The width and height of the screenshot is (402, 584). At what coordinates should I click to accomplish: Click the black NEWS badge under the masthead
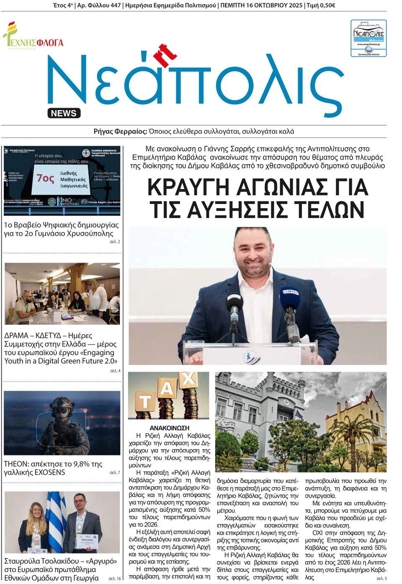[64, 113]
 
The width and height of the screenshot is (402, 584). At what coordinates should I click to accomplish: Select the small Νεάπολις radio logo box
[368, 38]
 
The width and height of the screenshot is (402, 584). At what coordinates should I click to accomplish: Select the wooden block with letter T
[144, 402]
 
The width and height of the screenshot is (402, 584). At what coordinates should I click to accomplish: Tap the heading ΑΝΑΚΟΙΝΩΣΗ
[169, 428]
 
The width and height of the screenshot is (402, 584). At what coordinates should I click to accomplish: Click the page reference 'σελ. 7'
[115, 473]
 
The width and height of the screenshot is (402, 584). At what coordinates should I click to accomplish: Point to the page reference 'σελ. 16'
[115, 579]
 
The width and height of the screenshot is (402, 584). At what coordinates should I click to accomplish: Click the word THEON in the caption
[16, 464]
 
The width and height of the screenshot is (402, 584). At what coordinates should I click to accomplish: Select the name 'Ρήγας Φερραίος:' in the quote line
[120, 132]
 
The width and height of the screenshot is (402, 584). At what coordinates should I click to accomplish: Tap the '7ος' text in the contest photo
[45, 178]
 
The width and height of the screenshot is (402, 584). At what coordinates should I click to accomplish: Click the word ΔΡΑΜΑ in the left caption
[16, 336]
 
